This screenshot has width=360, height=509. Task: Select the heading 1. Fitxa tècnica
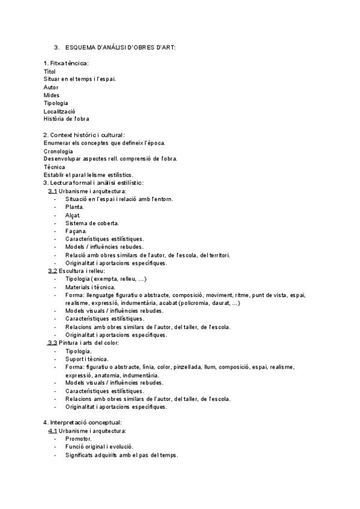tap(66, 63)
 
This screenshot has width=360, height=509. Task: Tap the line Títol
tap(49, 71)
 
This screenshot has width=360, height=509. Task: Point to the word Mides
tap(52, 95)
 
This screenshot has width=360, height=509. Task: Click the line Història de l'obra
tap(66, 119)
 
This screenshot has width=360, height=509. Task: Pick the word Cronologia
tap(58, 151)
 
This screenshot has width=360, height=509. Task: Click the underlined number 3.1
tap(53, 191)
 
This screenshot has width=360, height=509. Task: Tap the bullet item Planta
tap(74, 206)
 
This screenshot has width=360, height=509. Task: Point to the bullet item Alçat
tap(73, 215)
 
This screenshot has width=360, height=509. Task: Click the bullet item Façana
tap(76, 230)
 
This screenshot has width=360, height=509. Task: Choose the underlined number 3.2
tap(53, 271)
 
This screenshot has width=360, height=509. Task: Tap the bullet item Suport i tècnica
tap(87, 358)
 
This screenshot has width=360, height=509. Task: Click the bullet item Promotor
tap(79, 438)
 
